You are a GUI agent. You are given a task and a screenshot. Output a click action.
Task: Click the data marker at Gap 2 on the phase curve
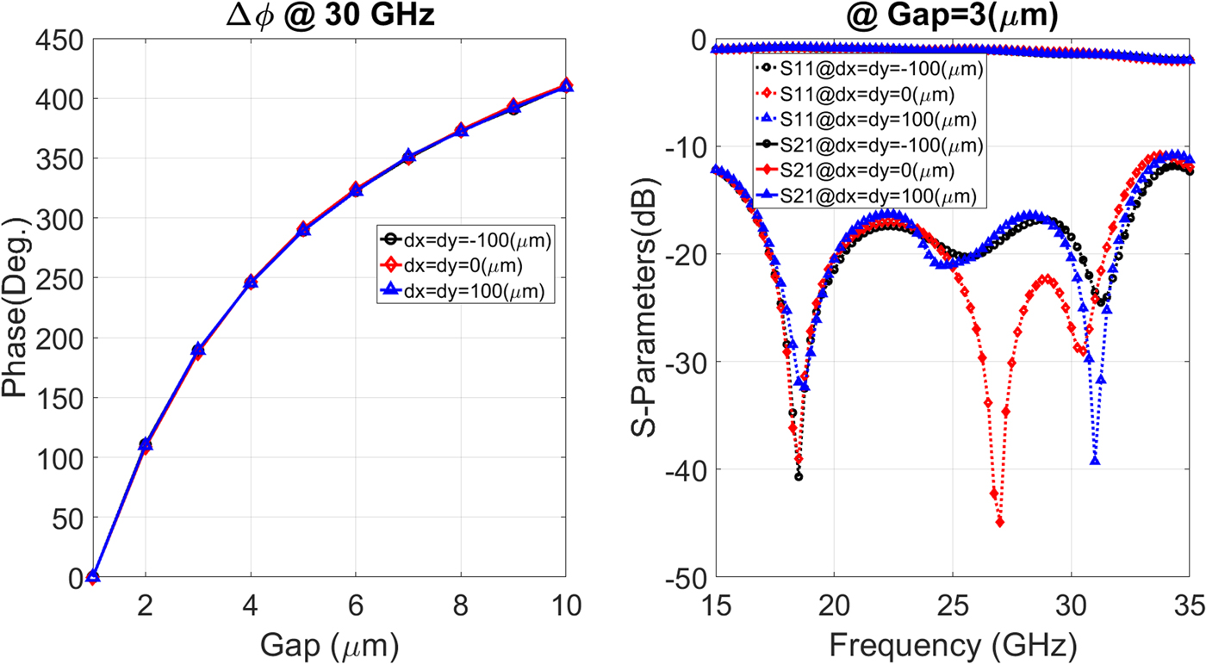point(146,445)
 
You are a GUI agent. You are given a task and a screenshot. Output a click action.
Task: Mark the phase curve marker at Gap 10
point(566,85)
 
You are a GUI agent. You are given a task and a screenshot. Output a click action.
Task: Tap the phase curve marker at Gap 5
point(303,230)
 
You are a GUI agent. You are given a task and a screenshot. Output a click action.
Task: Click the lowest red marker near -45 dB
point(1000,522)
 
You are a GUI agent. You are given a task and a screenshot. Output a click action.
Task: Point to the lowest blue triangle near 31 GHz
point(1095,461)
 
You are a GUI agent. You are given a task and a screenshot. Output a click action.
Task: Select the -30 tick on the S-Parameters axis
point(681,362)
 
